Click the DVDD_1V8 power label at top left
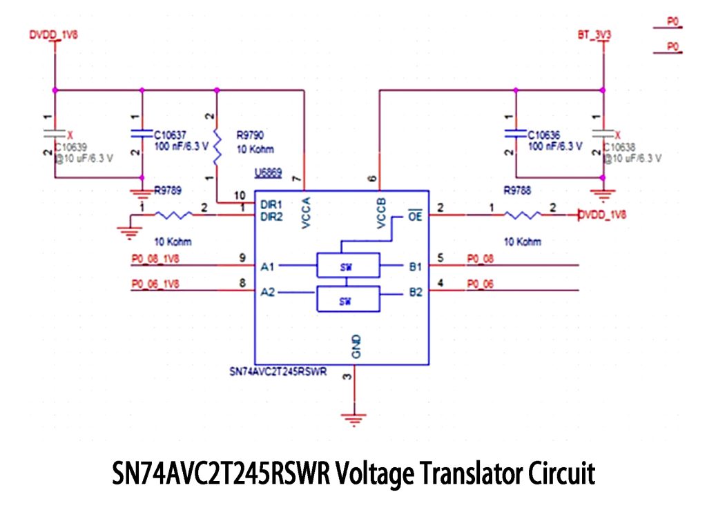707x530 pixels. (53, 33)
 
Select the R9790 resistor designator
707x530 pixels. (250, 135)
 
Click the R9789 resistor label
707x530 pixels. (169, 189)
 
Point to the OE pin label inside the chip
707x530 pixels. (414, 215)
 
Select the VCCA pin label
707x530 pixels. (307, 213)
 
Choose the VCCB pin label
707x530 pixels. (382, 213)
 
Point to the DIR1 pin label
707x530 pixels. (271, 205)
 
